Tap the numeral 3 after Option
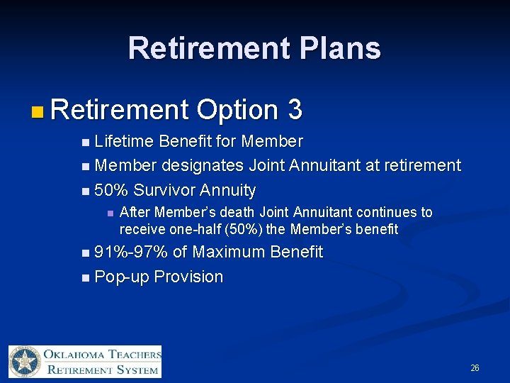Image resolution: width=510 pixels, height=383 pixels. click(x=295, y=110)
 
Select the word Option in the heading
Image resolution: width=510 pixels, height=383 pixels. click(x=237, y=110)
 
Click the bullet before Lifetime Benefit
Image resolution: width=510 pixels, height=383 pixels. click(x=86, y=143)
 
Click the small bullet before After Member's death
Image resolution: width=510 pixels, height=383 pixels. click(x=109, y=213)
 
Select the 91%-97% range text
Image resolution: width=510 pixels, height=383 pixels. click(x=131, y=252)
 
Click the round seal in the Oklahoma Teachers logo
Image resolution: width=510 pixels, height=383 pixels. click(x=26, y=362)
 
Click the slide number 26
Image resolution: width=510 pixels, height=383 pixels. click(x=475, y=367)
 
